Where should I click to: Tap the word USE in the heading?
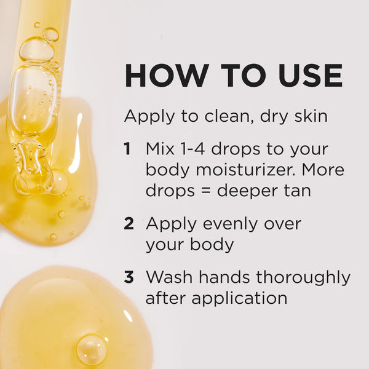311,76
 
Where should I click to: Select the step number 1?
127,149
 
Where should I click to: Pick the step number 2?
129,223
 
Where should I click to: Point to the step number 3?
129,277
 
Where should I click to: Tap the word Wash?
169,277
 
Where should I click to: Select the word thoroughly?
303,278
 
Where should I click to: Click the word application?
239,299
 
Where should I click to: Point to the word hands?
224,277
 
